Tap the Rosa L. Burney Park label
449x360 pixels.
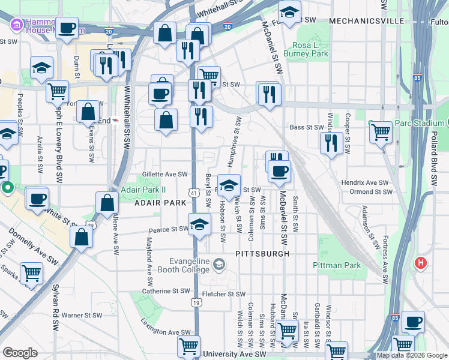click(310, 49)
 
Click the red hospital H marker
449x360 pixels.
click(421, 263)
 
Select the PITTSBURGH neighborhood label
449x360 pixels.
click(262, 254)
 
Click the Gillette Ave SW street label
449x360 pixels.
click(165, 174)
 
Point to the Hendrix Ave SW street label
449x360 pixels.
click(366, 182)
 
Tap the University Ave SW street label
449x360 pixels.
click(234, 354)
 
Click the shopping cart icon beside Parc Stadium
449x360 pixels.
click(381, 133)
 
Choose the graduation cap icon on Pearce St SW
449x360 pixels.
click(199, 225)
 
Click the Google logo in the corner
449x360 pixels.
click(20, 353)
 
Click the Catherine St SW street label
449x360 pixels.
click(165, 291)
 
